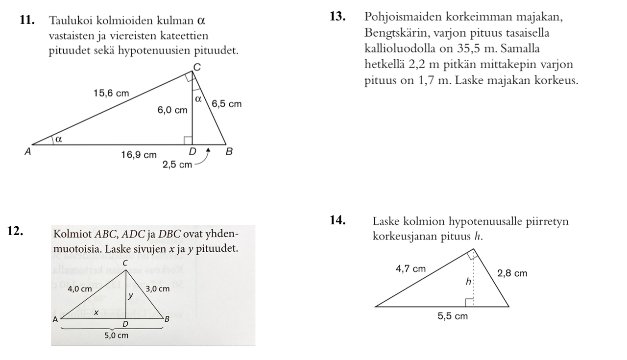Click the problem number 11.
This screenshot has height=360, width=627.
[27, 21]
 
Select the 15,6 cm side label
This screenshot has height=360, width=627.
[111, 93]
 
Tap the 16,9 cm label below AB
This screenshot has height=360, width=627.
[139, 155]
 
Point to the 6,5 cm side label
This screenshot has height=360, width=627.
[226, 104]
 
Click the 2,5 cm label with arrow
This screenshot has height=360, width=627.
[177, 165]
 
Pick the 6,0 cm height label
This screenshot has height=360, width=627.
[172, 111]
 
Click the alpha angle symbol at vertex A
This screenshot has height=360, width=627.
[59, 139]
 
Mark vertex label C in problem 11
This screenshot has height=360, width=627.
[196, 67]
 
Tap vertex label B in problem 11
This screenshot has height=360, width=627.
[229, 152]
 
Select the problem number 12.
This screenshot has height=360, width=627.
[16, 232]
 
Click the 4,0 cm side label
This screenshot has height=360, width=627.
[79, 289]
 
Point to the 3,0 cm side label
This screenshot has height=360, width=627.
[157, 289]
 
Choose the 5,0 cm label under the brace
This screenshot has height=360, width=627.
[116, 336]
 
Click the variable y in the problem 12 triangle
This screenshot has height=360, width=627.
[130, 295]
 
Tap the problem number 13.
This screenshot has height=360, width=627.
[338, 17]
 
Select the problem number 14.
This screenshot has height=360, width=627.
[338, 221]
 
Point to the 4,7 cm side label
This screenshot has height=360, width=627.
[410, 269]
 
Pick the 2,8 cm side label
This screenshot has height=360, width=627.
[512, 273]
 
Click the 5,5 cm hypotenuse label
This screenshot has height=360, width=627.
[452, 316]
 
